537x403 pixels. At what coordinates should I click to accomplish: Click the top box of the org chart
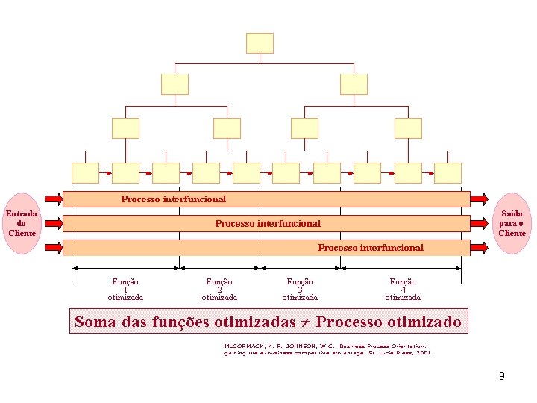tap(260, 43)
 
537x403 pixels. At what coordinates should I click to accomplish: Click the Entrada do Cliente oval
tap(22, 223)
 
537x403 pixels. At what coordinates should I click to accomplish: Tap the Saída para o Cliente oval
tap(512, 223)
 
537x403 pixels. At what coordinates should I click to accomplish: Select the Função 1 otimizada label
tap(125, 289)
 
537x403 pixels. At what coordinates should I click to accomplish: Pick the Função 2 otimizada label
tap(219, 289)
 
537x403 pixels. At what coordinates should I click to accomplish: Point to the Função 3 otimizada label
tap(300, 289)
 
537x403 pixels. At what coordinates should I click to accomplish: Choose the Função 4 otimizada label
tap(403, 289)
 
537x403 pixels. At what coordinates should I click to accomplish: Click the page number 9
tap(502, 376)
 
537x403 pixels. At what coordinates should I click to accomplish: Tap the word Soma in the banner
tap(94, 323)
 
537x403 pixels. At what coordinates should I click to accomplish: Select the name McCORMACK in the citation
tap(247, 346)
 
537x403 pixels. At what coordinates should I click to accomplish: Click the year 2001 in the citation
tap(424, 353)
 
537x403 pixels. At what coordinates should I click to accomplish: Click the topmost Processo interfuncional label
tap(174, 199)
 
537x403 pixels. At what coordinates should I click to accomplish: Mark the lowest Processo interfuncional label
tap(371, 247)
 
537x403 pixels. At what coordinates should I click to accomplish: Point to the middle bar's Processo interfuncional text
tap(268, 223)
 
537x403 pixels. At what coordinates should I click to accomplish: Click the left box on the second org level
tap(175, 84)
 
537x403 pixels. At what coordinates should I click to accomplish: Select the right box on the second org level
tap(354, 84)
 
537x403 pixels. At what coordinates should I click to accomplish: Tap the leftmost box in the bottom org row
tap(85, 172)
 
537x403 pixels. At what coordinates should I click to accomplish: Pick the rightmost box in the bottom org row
tap(447, 172)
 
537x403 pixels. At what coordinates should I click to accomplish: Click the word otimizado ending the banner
tap(425, 323)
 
